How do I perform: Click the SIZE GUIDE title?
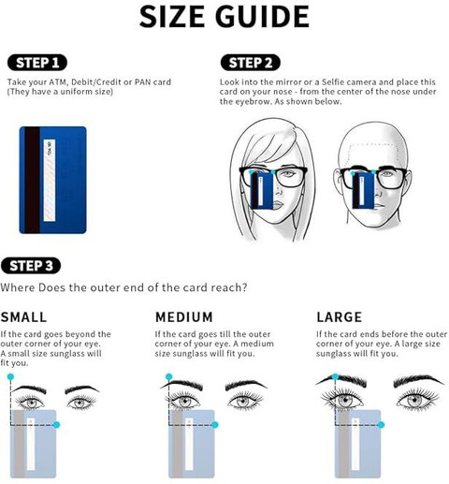(224, 16)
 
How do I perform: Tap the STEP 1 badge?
(37, 63)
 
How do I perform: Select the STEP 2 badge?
(251, 63)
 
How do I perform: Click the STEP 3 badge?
(31, 266)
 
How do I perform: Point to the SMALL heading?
(23, 317)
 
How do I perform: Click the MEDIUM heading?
(184, 317)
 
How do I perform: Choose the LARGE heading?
(340, 317)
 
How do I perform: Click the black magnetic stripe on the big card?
(32, 180)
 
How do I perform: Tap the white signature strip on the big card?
(50, 181)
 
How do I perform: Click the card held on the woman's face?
(262, 191)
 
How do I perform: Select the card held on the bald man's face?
(363, 190)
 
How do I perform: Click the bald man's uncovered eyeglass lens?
(391, 180)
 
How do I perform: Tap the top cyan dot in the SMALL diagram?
(10, 377)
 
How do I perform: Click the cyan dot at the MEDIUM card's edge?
(215, 425)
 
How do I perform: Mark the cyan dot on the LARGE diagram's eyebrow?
(336, 376)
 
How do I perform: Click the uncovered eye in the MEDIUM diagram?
(245, 401)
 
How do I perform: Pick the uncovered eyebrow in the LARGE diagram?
(418, 381)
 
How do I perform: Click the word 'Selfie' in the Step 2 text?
(333, 82)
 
